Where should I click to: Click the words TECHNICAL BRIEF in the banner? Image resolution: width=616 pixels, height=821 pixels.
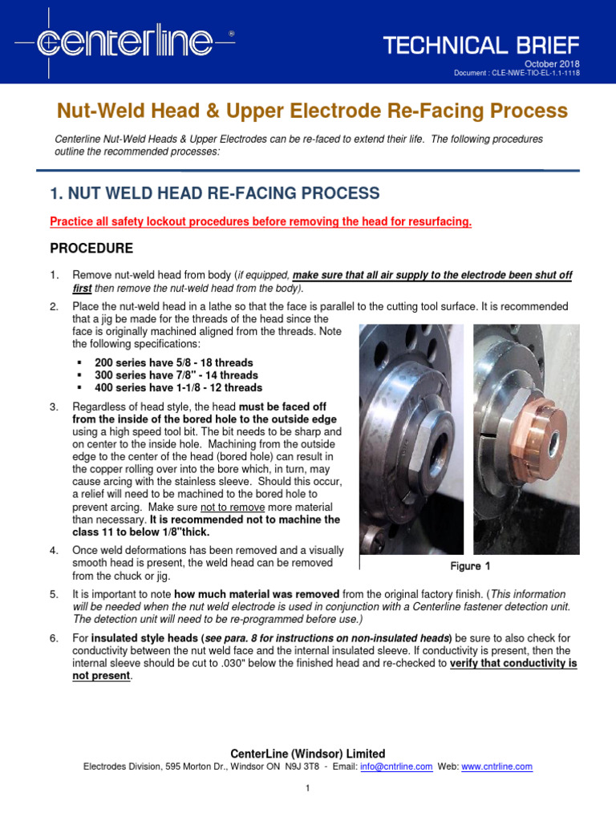(x=480, y=45)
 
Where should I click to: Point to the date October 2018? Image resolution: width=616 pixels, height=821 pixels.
(x=552, y=64)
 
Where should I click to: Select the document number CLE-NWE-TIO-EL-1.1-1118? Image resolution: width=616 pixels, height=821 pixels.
(x=517, y=74)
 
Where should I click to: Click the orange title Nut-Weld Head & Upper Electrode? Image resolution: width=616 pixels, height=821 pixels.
(x=310, y=111)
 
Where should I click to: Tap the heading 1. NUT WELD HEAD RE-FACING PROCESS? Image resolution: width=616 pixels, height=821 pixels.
(x=214, y=192)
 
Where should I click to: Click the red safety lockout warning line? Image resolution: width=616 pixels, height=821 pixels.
(x=261, y=221)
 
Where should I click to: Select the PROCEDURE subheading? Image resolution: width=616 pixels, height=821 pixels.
(x=91, y=248)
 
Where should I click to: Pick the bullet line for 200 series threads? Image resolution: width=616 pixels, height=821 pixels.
(x=173, y=362)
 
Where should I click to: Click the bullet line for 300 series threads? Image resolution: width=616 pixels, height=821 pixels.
(x=176, y=375)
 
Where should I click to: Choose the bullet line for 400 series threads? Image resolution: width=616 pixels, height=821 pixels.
(x=178, y=388)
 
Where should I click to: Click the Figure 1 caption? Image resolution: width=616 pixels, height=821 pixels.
(x=470, y=566)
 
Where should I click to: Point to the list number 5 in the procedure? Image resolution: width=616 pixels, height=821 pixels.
(x=54, y=594)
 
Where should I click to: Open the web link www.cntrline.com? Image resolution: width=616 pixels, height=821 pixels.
(x=496, y=766)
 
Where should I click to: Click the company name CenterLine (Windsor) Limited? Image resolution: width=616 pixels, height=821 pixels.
(x=308, y=754)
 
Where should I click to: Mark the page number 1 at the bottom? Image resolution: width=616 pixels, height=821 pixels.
(x=308, y=788)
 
